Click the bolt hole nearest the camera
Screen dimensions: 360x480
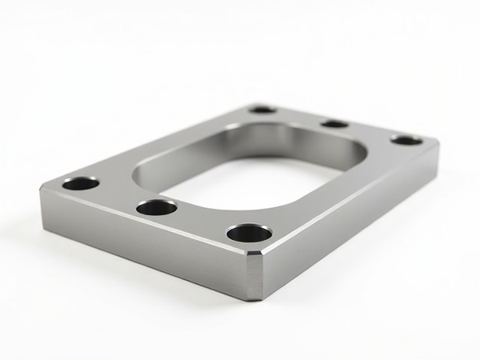point(249,234)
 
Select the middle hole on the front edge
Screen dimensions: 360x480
point(157,208)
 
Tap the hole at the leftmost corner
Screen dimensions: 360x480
point(81,184)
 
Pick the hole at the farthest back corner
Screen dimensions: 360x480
point(262,109)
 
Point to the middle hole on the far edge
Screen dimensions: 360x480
point(334,123)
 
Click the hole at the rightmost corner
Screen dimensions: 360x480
point(406,140)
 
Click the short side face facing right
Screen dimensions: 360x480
point(352,216)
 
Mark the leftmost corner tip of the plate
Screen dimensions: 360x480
point(42,190)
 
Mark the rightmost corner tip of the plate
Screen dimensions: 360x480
point(438,144)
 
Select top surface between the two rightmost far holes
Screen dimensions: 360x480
point(370,132)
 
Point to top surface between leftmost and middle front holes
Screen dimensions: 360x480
point(118,196)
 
